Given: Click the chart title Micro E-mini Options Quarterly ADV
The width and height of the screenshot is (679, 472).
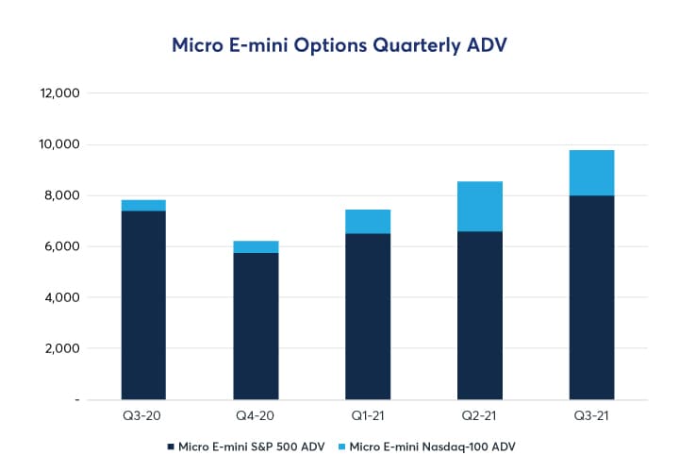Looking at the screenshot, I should [339, 44].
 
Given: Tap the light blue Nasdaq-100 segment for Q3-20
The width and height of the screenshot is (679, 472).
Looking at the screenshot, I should [143, 205].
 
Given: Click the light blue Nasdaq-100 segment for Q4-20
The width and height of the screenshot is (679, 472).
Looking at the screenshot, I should [256, 246].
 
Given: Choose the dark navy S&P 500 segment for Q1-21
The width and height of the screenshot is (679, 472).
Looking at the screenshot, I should [368, 316].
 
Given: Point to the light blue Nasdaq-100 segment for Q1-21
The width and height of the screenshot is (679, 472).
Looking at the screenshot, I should [368, 221].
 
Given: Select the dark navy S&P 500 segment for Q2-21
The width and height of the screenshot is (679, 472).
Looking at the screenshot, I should [480, 314].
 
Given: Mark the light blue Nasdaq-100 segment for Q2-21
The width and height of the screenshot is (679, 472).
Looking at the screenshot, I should [480, 206].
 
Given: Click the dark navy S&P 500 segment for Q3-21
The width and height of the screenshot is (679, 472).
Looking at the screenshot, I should [592, 296].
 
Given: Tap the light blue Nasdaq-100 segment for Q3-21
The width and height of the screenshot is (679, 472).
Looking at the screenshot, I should [592, 173].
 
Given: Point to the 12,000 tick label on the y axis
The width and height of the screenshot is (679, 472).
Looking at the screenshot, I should [58, 93].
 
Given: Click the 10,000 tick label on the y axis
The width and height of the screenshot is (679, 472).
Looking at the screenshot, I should [58, 144].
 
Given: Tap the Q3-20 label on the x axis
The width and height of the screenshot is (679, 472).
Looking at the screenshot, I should [143, 416].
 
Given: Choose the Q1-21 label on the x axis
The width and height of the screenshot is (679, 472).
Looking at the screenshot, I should [368, 416].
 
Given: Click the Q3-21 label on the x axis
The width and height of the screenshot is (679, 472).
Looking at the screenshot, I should [592, 416].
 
